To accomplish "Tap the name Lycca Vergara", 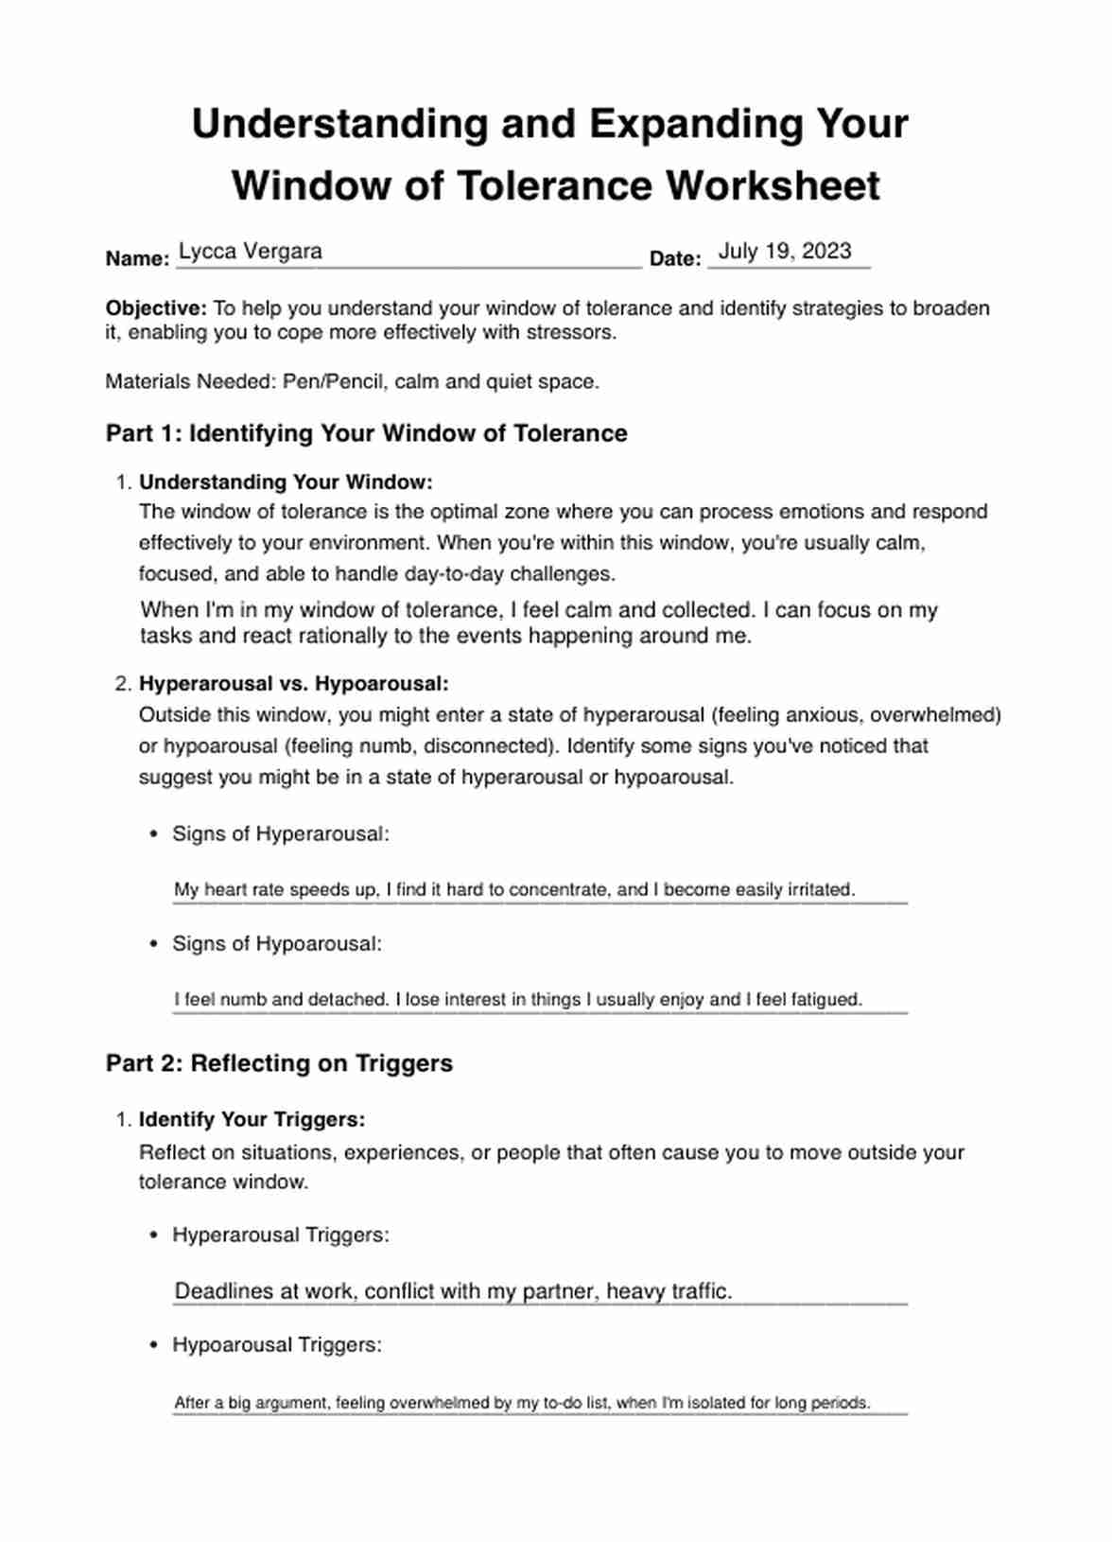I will (251, 252).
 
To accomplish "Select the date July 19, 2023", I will (785, 252).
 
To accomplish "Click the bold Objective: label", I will (156, 308).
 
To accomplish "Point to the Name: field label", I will (137, 259).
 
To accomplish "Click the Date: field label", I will (675, 259).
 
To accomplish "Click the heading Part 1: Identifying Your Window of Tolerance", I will (366, 433).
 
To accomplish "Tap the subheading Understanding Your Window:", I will (286, 482).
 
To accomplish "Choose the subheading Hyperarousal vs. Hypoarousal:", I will (294, 684).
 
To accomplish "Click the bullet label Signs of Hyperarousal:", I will (280, 834).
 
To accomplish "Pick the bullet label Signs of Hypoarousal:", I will (277, 944).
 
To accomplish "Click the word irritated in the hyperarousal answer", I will (820, 890).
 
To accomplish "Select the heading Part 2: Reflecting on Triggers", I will (279, 1063).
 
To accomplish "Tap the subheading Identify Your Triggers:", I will (252, 1120).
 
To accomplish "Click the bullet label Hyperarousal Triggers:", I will (281, 1235).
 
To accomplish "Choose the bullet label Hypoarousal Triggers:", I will (277, 1345).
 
